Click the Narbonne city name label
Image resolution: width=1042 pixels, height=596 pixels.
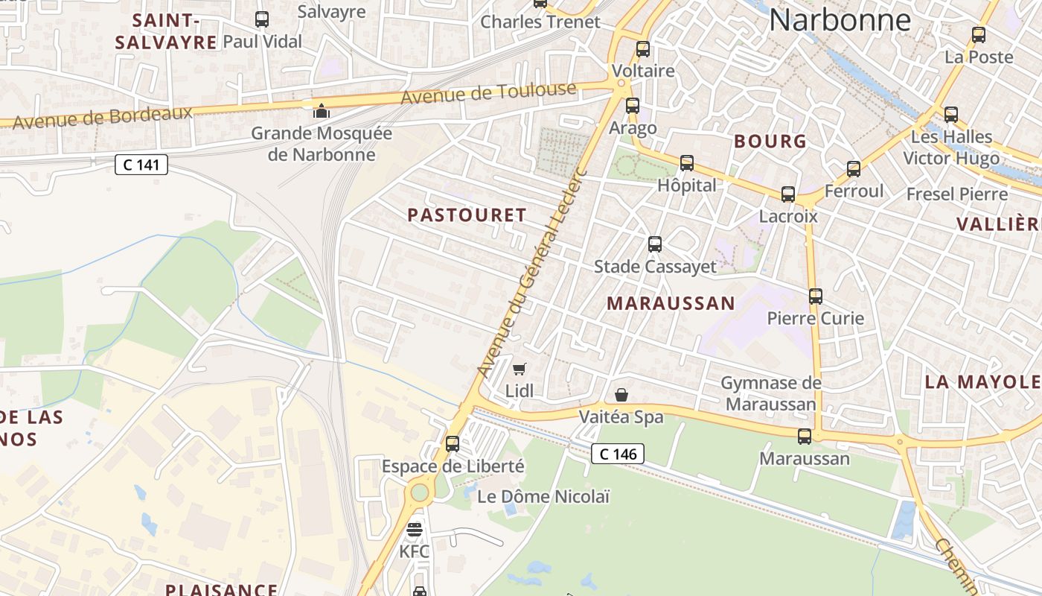coord(840,20)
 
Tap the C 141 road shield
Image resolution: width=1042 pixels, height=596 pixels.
coord(141,165)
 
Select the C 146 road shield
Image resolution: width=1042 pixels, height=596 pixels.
coord(618,453)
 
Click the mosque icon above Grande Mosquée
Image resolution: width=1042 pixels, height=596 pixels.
coord(322,111)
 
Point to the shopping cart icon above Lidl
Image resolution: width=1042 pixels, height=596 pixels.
coord(520,369)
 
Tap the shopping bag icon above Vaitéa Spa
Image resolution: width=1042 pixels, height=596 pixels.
coord(621,395)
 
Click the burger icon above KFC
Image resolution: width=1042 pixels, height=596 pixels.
coord(415,530)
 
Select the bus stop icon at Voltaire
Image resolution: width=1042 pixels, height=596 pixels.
coord(643,49)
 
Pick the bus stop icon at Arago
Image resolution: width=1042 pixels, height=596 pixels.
coord(633,106)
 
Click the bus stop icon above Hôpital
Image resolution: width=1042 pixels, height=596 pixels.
coord(687,162)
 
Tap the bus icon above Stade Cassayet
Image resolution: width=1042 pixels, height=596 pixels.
coord(655,244)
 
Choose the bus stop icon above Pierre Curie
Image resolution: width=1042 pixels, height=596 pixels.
coord(816,296)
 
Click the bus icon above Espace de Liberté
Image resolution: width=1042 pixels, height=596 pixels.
coord(453,443)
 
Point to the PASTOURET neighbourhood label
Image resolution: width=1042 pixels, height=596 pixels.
coord(467,215)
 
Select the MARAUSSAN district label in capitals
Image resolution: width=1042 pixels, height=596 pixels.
coord(671,303)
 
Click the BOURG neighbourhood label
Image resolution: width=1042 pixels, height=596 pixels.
coord(770,141)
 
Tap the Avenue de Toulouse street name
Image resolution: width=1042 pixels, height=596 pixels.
coord(488,94)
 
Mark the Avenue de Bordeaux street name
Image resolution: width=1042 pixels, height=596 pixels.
coord(103,117)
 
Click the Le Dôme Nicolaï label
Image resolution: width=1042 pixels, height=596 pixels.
coord(543,496)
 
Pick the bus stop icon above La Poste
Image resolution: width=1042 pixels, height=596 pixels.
coord(979,34)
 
